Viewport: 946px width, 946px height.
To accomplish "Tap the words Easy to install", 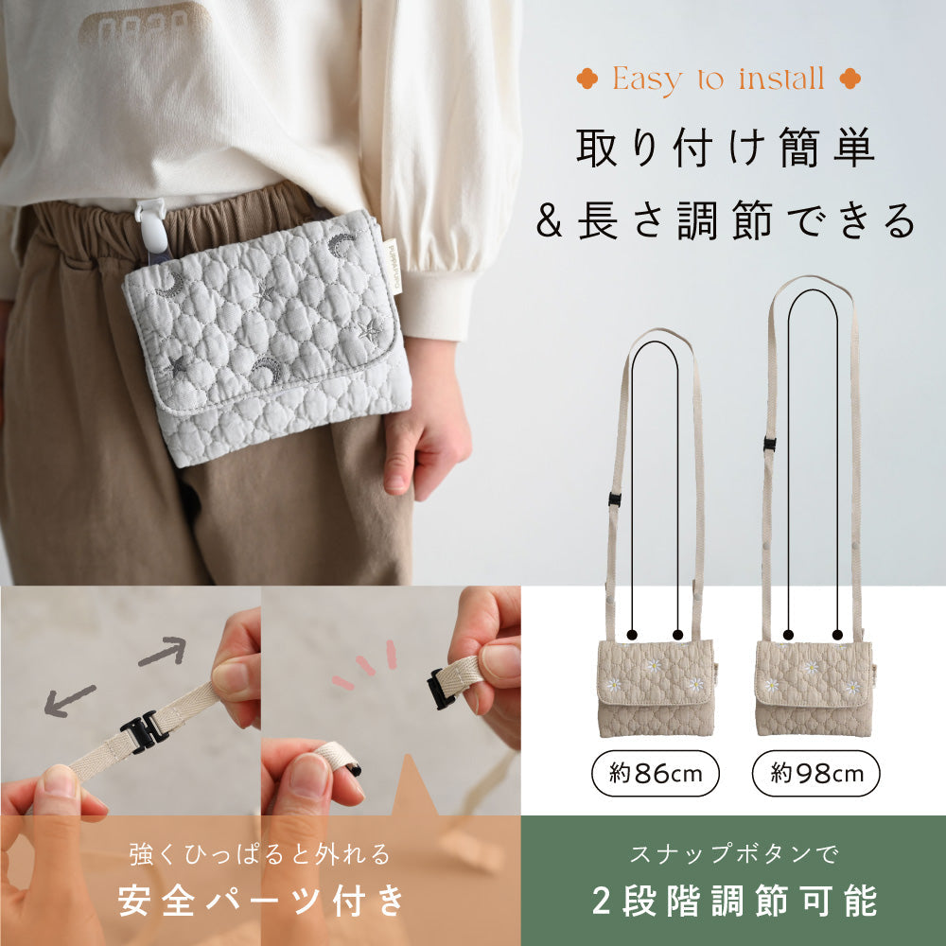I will pyautogui.click(x=718, y=79).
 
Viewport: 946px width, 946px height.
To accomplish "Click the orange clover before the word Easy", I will pyautogui.click(x=589, y=79).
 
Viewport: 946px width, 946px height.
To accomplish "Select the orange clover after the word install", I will pyautogui.click(x=849, y=79).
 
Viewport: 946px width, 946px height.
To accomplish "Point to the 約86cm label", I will pyautogui.click(x=655, y=775).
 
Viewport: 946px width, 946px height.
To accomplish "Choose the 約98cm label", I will pyautogui.click(x=815, y=775).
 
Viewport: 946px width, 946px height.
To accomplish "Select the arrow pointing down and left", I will pyautogui.click(x=69, y=700).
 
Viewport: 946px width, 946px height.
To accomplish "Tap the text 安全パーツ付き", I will pyautogui.click(x=260, y=900).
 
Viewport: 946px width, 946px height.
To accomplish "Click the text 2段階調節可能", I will pyautogui.click(x=733, y=900).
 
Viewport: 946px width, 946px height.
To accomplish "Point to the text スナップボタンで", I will pyautogui.click(x=733, y=855).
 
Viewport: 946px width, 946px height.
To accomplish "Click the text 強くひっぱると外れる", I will pyautogui.click(x=260, y=855).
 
